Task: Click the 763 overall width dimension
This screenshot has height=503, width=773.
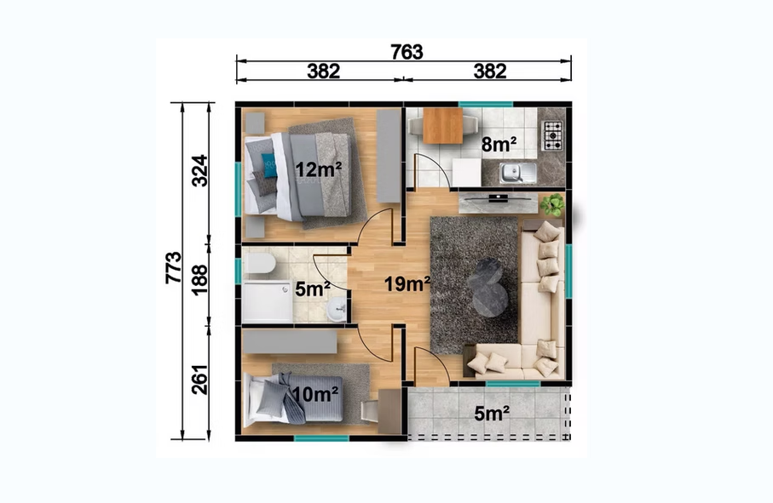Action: [407, 51]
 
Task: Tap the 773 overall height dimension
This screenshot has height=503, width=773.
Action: [174, 267]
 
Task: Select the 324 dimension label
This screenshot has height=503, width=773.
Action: [199, 170]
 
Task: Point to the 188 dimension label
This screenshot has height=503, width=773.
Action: [199, 279]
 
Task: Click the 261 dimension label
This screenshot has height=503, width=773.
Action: [199, 380]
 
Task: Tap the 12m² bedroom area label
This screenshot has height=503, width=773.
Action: [319, 170]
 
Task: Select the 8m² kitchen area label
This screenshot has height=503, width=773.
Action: [499, 145]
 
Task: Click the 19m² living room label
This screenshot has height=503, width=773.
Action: [407, 284]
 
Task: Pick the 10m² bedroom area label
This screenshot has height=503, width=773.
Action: [315, 394]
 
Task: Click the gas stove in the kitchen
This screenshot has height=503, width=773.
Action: [553, 135]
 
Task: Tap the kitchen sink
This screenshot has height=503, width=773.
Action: [517, 173]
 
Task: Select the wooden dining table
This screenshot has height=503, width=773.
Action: [442, 125]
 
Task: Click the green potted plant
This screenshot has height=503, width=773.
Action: [552, 205]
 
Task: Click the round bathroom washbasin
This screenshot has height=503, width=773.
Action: [337, 310]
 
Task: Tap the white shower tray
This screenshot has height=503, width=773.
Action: [268, 301]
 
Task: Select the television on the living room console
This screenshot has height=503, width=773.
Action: [498, 198]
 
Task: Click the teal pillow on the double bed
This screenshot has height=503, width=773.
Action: [269, 165]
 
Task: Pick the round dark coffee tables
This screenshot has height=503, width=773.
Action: [488, 286]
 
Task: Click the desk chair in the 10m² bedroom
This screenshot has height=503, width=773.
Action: [369, 411]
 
